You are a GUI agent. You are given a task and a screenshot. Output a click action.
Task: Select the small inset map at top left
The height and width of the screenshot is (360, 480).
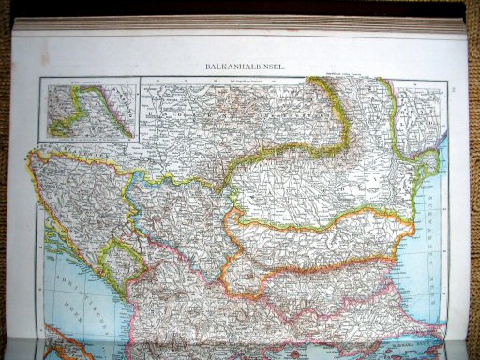pyautogui.click(x=88, y=109)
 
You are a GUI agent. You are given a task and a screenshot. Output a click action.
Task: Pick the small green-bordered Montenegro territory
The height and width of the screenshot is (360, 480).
pyautogui.click(x=122, y=262)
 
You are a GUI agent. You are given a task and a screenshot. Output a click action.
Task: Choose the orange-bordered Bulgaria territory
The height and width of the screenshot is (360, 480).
pyautogui.click(x=319, y=253)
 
